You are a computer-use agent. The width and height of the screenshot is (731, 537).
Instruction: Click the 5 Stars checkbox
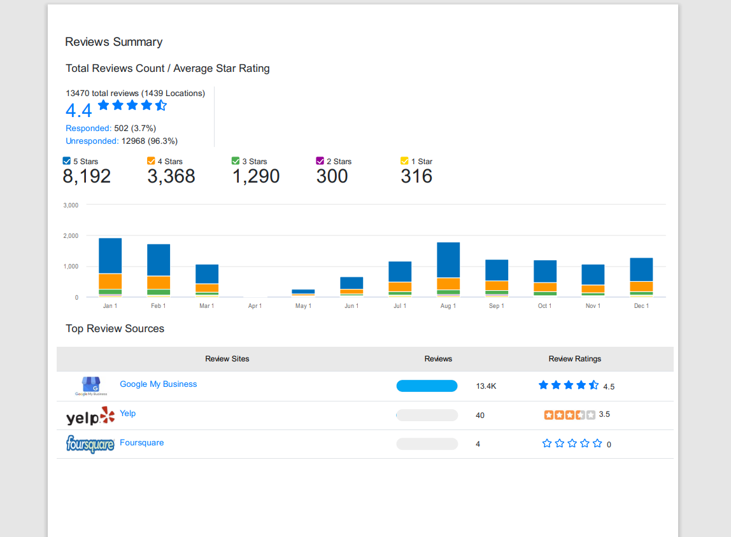67,161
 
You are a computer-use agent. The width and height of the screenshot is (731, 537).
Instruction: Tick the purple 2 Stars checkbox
320,161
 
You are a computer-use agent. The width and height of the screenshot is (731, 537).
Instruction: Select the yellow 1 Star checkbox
404,161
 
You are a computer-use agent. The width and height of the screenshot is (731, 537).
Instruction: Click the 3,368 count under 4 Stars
171,176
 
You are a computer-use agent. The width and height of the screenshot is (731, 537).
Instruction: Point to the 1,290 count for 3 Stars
256,176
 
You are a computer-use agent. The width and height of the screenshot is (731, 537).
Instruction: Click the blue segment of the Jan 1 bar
111,256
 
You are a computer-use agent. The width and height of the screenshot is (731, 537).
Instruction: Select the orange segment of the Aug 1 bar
448,284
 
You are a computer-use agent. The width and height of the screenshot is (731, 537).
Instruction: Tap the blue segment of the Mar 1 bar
207,274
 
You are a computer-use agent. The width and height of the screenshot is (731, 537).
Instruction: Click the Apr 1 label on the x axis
255,306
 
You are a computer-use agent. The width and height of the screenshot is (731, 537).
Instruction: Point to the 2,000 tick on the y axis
71,235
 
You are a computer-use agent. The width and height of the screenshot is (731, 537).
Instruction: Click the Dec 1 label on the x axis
641,306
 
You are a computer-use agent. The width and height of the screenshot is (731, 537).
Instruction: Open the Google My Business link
159,384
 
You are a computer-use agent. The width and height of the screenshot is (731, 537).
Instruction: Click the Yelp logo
90,416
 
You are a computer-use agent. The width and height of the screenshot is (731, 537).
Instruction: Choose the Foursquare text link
142,442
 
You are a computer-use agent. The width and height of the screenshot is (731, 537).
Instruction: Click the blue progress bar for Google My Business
427,386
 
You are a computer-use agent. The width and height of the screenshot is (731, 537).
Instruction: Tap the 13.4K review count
486,386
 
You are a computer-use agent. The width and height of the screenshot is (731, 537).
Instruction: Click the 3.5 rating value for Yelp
604,414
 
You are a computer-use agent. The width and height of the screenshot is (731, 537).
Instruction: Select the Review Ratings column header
575,359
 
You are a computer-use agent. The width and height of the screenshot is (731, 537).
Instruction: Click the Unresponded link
92,141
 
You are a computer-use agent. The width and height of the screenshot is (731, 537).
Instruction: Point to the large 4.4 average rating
79,110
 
